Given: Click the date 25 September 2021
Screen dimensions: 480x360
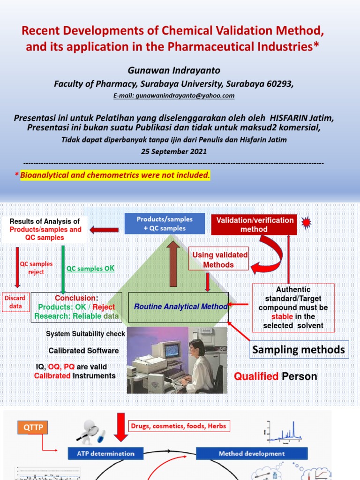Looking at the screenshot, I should pyautogui.click(x=174, y=152).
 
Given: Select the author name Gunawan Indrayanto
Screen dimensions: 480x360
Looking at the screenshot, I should pyautogui.click(x=167, y=70).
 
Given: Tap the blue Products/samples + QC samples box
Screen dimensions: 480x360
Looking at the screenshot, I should pyautogui.click(x=164, y=224).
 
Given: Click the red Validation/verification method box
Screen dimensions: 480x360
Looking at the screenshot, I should pyautogui.click(x=254, y=225).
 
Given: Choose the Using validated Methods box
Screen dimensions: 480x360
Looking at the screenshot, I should pyautogui.click(x=218, y=260).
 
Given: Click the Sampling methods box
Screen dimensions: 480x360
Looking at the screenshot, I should pyautogui.click(x=299, y=349).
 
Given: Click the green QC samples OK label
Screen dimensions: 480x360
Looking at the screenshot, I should pyautogui.click(x=90, y=269).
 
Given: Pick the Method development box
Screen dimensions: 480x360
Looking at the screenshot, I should pyautogui.click(x=251, y=453).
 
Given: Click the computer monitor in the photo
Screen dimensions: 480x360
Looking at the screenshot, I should pyautogui.click(x=171, y=349).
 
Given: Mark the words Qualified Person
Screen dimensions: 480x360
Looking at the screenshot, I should pyautogui.click(x=276, y=376).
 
